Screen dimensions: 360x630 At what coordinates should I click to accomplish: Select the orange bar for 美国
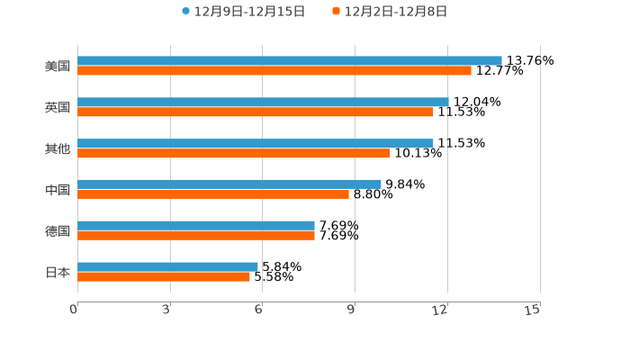pos(274,70)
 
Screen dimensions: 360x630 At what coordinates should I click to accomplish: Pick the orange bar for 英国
pos(256,112)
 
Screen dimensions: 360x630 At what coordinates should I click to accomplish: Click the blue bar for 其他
pos(256,143)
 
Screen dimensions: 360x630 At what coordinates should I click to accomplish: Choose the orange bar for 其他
pos(234,153)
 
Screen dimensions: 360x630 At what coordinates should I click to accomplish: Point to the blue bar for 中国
pos(229,184)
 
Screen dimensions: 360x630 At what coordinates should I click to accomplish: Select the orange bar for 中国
pos(213,193)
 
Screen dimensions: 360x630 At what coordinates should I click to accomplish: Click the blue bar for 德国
pos(196,225)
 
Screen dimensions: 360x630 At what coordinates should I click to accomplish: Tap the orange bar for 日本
pos(164,276)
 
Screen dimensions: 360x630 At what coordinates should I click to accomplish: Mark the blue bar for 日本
pos(167,266)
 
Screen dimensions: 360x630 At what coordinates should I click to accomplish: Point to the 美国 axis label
pos(58,66)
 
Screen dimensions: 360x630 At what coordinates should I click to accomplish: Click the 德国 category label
pos(58,230)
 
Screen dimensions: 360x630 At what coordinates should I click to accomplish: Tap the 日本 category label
pos(58,272)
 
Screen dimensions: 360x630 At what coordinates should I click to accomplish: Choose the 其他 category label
pos(58,148)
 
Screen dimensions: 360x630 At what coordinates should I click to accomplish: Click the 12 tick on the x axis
pos(441,310)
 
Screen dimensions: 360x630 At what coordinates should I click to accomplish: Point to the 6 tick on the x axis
pos(258,310)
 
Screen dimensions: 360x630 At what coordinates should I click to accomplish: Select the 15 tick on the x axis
pos(533,310)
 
